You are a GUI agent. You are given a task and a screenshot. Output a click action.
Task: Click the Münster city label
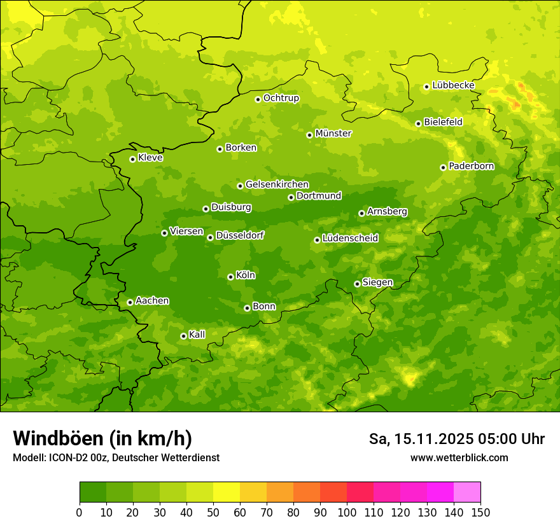pos(333,134)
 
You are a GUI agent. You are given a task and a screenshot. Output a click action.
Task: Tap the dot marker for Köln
pos(230,277)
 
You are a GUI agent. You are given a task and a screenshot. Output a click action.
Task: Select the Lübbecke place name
pos(453,85)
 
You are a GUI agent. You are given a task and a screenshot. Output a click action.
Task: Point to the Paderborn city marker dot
pos(443,167)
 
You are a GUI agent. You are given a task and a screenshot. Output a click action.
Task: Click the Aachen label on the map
pos(152,301)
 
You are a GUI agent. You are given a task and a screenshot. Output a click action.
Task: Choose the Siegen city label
pos(377,282)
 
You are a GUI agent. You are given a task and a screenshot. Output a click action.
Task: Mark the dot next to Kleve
pos(132,159)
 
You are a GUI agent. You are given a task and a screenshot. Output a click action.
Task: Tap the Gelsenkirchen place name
pos(277,184)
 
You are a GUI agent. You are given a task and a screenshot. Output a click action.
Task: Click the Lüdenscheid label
pos(350,239)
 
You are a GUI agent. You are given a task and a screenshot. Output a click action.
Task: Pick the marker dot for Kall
pos(183,336)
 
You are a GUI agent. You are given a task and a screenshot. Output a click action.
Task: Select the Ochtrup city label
pos(281,98)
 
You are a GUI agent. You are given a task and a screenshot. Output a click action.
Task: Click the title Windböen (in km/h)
pos(102,438)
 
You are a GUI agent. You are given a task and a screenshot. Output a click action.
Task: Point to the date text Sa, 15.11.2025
pos(421,439)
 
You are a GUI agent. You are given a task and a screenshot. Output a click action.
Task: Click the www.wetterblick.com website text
pos(459,457)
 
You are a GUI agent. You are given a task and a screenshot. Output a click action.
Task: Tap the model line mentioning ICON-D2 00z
pos(116,457)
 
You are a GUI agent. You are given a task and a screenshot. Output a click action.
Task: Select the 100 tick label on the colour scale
pos(347,512)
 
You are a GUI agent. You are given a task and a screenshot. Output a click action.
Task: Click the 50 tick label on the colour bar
pos(213,512)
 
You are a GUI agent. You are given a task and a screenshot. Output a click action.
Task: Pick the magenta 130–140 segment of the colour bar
pos(440,492)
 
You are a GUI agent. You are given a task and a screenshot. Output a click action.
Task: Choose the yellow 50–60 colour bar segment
pos(227,492)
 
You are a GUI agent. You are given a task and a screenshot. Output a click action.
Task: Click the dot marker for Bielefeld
pos(418,123)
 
